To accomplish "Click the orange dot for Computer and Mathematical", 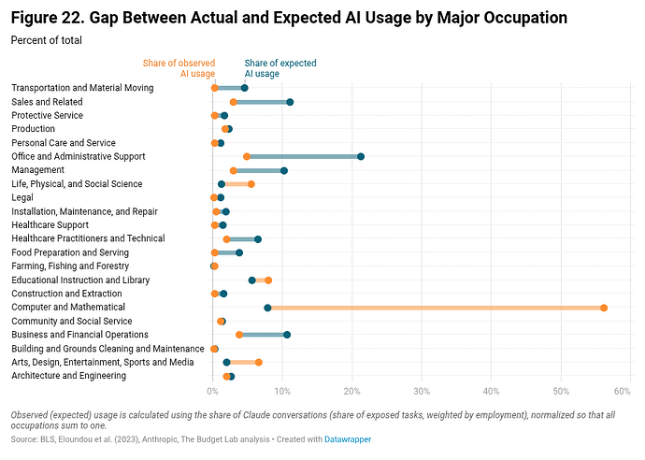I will [604, 308].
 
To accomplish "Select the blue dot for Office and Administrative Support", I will [361, 156].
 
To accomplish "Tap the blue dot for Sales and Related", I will [290, 102].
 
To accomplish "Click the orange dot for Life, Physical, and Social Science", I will [251, 184].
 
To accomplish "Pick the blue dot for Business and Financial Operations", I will [287, 335].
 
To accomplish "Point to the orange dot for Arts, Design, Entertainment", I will [259, 362].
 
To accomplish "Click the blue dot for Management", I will [284, 170].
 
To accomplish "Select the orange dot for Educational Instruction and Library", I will [268, 280].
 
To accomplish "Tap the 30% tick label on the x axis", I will [422, 391].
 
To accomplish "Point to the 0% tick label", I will [212, 391].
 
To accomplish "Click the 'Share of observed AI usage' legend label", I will [179, 68].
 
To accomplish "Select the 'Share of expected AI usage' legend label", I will [279, 68].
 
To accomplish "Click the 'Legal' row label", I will [22, 197].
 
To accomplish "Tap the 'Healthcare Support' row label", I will [50, 225].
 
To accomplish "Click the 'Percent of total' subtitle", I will [46, 40].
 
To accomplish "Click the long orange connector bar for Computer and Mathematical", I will [430, 308].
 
